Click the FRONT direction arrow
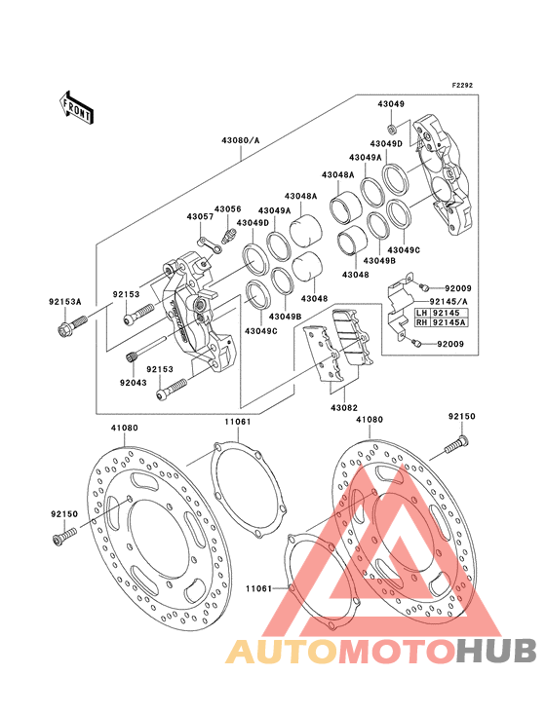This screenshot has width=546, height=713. point(76,108)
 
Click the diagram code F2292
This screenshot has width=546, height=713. point(462,85)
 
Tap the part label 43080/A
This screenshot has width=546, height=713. point(240,140)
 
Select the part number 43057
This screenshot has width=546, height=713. point(200,217)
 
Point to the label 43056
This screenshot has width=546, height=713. point(227,209)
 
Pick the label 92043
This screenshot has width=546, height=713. point(134,383)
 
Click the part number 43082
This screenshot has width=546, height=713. point(344,408)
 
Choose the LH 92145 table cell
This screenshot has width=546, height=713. point(441,313)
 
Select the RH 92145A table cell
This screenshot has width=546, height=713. point(441,322)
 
